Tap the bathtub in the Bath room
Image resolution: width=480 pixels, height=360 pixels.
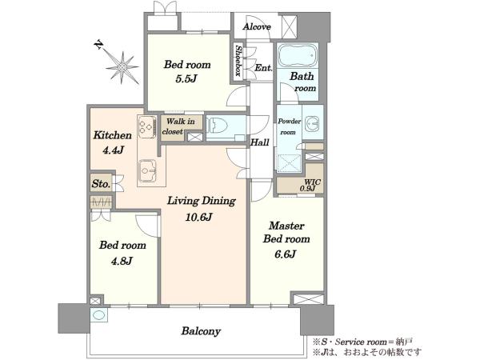click(298, 55)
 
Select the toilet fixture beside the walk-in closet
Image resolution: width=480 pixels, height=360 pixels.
click(218, 126)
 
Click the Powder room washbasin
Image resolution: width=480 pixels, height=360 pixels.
click(313, 122)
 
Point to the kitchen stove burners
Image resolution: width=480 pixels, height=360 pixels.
click(146, 126)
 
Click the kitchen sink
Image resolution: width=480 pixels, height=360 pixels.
click(147, 171)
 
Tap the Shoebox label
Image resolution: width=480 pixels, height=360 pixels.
click(238, 61)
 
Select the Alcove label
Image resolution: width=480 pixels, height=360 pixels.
click(257, 27)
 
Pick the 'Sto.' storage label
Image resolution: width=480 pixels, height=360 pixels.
click(101, 184)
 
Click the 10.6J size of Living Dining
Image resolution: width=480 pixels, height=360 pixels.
click(198, 217)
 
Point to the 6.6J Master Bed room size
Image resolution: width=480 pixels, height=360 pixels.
click(286, 254)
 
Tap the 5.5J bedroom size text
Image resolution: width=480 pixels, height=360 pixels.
click(186, 79)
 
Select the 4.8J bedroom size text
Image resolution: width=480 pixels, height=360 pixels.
click(122, 261)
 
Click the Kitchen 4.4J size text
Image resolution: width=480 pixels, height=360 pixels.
click(113, 150)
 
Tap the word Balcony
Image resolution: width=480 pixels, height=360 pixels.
click(201, 331)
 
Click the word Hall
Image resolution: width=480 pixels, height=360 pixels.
click(260, 142)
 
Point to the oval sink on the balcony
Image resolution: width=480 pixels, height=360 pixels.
click(99, 315)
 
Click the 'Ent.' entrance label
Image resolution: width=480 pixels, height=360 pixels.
click(263, 68)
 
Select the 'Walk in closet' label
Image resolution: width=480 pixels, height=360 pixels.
click(180, 126)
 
